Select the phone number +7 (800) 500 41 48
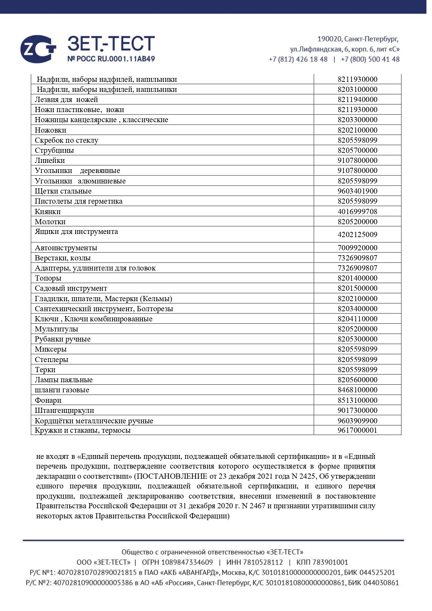pyautogui.click(x=370, y=59)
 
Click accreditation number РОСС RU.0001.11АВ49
pyautogui.click(x=111, y=59)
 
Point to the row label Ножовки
pyautogui.click(x=50, y=130)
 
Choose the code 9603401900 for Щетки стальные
pyautogui.click(x=357, y=191)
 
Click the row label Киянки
pyautogui.click(x=48, y=212)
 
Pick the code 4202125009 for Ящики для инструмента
pyautogui.click(x=357, y=235)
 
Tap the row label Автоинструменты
pyautogui.click(x=66, y=248)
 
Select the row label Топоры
pyautogui.click(x=48, y=278)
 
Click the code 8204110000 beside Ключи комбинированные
pyautogui.click(x=357, y=319)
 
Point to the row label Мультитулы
pyautogui.click(x=56, y=329)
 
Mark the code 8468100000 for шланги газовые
pyautogui.click(x=357, y=390)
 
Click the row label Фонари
pyautogui.click(x=48, y=400)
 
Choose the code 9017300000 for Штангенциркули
pyautogui.click(x=357, y=410)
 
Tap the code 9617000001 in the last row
pyautogui.click(x=357, y=430)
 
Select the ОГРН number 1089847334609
pyautogui.click(x=187, y=562)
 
